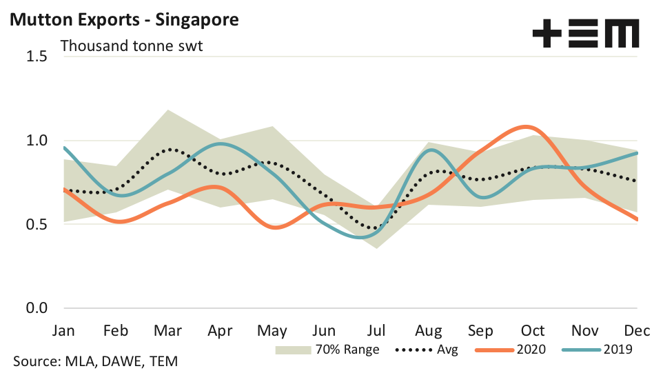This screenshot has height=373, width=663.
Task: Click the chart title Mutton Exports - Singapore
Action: click(x=123, y=19)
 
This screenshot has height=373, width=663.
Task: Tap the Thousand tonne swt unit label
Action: click(x=132, y=47)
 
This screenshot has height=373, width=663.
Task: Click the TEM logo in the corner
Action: click(x=586, y=33)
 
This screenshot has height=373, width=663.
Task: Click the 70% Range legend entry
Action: click(x=327, y=350)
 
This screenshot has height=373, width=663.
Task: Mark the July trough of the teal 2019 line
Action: click(x=365, y=237)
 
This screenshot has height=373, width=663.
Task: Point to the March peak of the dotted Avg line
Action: click(x=170, y=149)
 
